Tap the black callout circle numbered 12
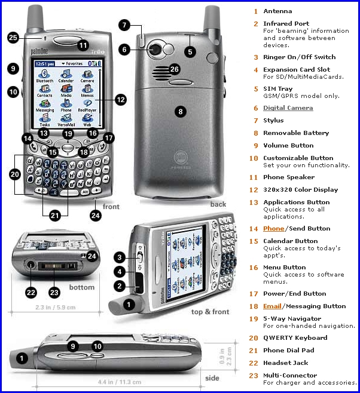[x=120, y=99]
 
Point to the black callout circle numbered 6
[x=142, y=50]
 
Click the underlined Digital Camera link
[x=288, y=108]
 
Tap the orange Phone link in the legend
[x=273, y=228]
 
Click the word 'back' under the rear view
[x=218, y=204]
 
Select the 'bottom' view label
[x=81, y=287]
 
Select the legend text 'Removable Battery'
[x=295, y=133]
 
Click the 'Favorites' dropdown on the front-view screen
[x=74, y=63]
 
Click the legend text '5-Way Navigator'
[x=292, y=319]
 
